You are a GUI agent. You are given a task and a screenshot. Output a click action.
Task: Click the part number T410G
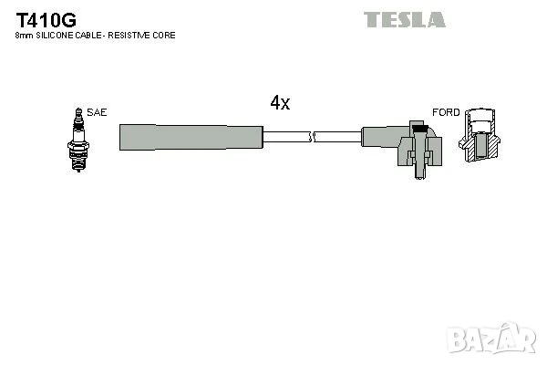46,20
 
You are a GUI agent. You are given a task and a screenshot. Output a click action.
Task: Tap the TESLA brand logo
405,19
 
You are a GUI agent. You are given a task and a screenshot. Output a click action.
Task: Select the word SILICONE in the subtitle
55,36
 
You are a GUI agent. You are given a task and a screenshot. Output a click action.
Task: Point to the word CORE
164,36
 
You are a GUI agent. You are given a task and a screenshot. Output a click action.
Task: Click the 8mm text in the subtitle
24,36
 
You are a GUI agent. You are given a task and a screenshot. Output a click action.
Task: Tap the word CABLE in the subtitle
88,36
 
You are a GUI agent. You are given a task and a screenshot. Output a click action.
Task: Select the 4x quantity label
280,103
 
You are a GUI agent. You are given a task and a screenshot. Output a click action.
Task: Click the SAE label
97,112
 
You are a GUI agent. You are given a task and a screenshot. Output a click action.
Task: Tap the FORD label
446,112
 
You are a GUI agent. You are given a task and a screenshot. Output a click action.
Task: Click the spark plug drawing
78,140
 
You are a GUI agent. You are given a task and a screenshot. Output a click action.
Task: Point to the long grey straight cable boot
191,137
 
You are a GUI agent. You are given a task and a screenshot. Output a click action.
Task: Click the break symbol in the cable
312,137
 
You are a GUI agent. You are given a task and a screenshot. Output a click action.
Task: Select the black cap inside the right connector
419,128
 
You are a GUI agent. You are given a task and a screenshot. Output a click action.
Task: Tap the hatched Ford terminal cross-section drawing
480,135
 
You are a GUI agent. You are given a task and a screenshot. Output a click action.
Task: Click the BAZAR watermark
491,339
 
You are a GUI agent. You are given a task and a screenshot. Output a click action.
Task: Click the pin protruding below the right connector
420,172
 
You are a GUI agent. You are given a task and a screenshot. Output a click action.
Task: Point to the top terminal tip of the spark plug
78,111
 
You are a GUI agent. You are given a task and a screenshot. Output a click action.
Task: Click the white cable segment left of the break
286,137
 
